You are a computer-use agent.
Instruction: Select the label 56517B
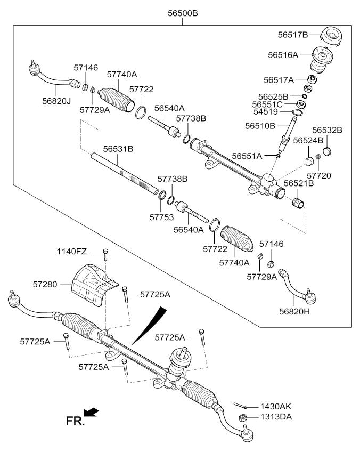[x=293, y=35]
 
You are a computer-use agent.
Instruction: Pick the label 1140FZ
[x=72, y=251]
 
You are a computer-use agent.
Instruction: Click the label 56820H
[x=291, y=311]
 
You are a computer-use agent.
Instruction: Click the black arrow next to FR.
[x=92, y=411]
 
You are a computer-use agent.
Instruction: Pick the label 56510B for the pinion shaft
[x=260, y=126]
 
